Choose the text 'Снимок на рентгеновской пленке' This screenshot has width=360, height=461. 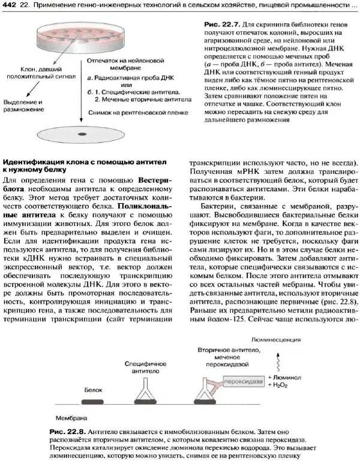(x=131, y=112)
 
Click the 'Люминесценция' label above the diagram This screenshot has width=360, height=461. (x=275, y=339)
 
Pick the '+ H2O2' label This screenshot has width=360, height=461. (x=280, y=386)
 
